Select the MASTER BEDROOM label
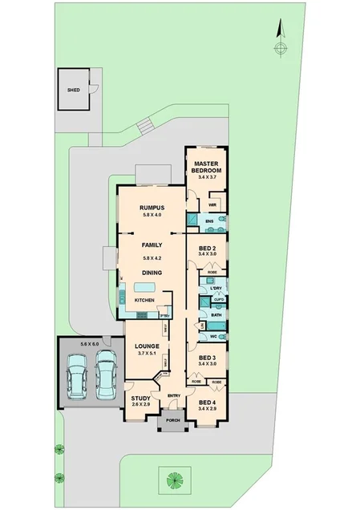[207, 167]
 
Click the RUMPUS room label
[152, 207]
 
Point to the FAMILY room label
[152, 245]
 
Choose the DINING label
[152, 273]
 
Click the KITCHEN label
[144, 300]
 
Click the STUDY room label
[141, 398]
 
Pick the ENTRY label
[174, 395]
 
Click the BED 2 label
[207, 249]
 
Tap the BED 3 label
[207, 358]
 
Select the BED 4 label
[207, 402]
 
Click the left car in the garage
[77, 375]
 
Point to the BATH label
[215, 316]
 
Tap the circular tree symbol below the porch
[173, 480]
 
